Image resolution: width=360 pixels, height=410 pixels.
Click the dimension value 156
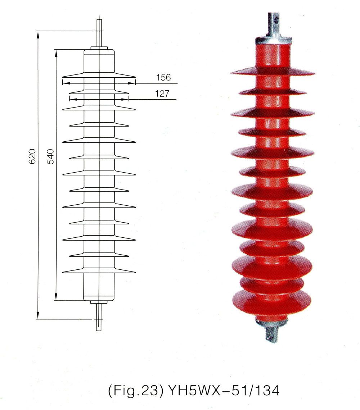[x=163, y=77]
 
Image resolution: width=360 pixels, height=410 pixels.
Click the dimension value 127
[x=162, y=94]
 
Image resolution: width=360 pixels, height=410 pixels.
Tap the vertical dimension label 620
[x=32, y=156]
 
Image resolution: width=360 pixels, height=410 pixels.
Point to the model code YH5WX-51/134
[x=221, y=390]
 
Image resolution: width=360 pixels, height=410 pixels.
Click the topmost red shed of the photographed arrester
[x=273, y=72]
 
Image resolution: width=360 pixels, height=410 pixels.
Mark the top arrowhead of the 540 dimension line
[x=56, y=53]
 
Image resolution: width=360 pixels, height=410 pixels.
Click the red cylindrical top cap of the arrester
[x=273, y=54]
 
